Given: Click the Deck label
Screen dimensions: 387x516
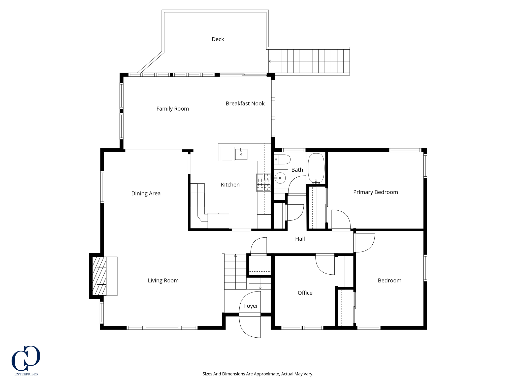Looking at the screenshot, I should (218, 39).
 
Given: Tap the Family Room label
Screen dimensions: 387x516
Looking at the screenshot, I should (173, 109).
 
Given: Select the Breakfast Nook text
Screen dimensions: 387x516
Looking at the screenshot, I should (245, 104).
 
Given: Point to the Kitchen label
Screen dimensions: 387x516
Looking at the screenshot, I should (230, 185).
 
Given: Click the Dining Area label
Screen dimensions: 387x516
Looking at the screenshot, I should (146, 193).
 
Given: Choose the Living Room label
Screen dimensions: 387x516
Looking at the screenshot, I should (163, 280).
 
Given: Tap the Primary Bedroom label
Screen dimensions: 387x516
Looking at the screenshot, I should (375, 192).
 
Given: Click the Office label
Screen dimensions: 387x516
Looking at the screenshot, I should (305, 293).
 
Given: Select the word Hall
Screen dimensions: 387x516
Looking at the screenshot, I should (300, 239).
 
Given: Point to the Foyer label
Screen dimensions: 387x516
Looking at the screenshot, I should (251, 306).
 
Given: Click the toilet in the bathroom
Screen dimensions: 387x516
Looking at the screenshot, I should (282, 159).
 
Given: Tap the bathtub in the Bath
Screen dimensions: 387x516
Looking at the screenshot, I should (316, 168).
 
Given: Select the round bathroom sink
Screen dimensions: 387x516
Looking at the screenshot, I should (280, 178).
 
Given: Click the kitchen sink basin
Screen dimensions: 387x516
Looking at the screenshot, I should (241, 154).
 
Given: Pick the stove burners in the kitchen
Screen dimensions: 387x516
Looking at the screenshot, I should (264, 182).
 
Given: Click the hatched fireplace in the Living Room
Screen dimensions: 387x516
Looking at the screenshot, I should (99, 276).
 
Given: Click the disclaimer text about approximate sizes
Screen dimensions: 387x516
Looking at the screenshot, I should (258, 374).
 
